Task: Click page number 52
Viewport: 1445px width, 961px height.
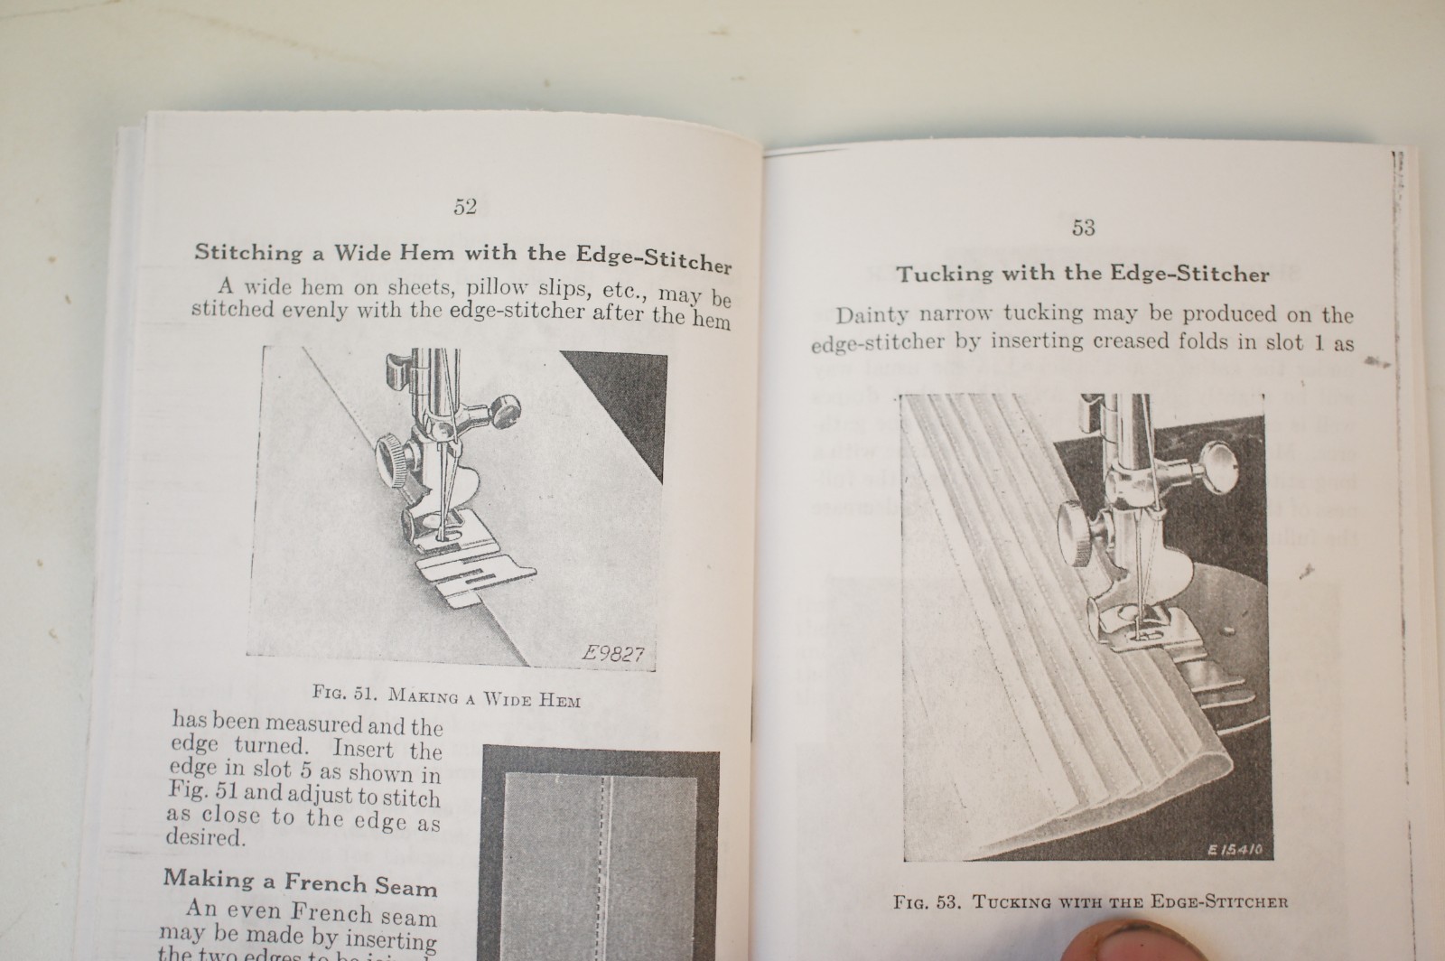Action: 464,207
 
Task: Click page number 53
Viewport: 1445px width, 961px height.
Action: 1083,228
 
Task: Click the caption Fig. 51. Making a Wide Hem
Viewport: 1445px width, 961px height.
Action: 446,696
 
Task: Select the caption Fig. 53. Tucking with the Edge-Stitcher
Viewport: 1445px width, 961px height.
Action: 1090,901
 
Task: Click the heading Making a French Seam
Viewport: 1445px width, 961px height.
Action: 300,882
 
